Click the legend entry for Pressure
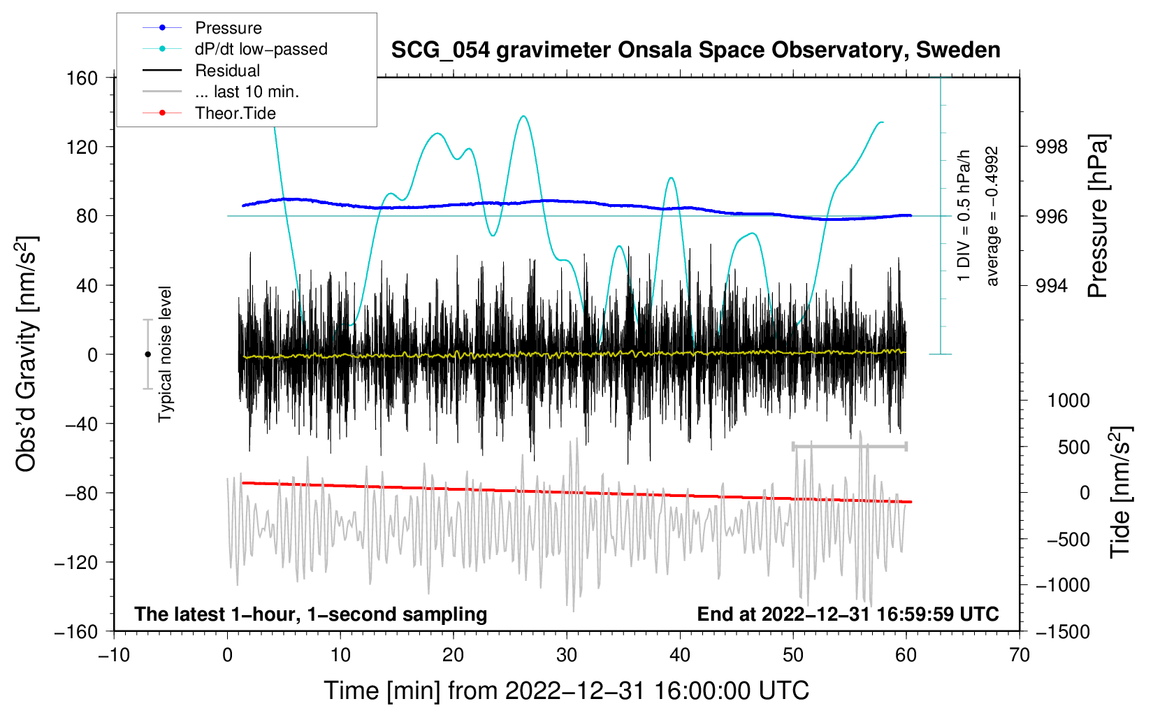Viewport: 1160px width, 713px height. coord(228,28)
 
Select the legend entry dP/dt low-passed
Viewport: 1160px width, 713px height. coord(261,49)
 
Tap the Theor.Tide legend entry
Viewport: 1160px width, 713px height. coord(235,113)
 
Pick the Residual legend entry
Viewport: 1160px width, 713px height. coord(227,71)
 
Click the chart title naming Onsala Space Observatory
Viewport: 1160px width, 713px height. coord(695,50)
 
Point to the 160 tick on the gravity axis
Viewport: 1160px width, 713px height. coord(82,78)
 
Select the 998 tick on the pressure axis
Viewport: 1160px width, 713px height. coord(1052,147)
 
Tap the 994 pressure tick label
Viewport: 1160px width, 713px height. coord(1052,285)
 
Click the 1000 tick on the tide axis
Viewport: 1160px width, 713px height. coord(1068,401)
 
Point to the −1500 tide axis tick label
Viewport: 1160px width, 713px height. coord(1062,631)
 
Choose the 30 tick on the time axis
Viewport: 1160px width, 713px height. coord(567,655)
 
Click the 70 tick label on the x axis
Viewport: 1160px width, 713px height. coord(1020,655)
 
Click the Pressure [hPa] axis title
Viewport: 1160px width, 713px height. coord(1098,216)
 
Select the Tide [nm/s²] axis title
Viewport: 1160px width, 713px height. coord(1120,492)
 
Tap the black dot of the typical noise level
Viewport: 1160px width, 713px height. coord(147,354)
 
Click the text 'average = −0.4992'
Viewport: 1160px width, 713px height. coord(992,216)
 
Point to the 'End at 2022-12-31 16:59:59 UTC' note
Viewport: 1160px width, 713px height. coord(848,614)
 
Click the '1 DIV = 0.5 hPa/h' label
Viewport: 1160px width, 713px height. coord(964,216)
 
